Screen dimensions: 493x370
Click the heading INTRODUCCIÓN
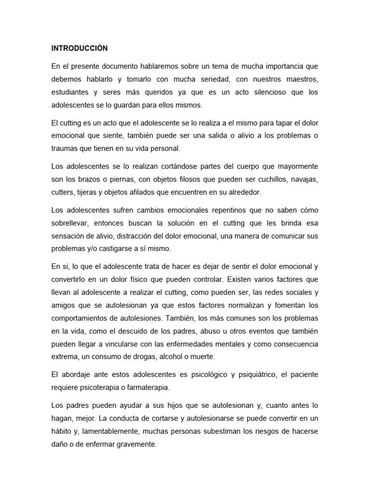(79, 48)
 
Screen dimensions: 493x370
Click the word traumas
(65, 149)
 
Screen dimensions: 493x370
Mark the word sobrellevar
(73, 223)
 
